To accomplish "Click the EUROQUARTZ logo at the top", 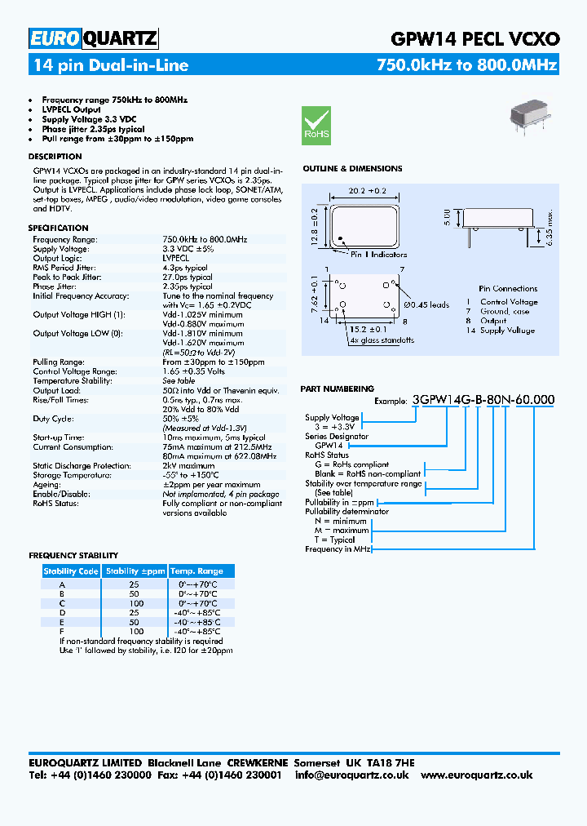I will (93, 38).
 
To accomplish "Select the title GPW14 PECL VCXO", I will (475, 38).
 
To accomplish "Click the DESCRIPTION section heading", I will (55, 156).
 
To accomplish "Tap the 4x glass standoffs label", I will (382, 340).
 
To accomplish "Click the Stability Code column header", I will (71, 571).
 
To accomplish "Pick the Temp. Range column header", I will (196, 571).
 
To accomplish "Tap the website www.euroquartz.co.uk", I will (477, 775).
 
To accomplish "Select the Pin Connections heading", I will (508, 288).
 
